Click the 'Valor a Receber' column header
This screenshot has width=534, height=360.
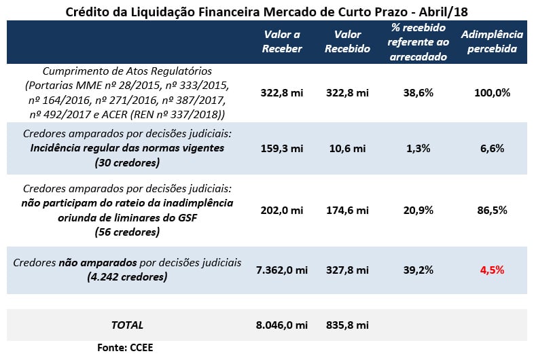click(x=282, y=41)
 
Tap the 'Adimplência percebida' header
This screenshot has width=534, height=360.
click(x=492, y=41)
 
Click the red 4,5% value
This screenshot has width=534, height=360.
click(x=492, y=270)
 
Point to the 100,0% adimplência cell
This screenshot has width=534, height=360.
click(x=492, y=92)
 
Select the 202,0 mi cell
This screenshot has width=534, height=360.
click(x=282, y=211)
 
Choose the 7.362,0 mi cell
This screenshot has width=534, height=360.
click(x=281, y=270)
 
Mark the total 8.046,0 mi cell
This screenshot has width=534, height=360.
click(x=281, y=325)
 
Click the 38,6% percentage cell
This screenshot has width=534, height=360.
click(x=419, y=92)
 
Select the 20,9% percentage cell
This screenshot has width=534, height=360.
click(x=419, y=211)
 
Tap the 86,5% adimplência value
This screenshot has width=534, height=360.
click(x=492, y=211)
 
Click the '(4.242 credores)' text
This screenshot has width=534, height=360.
click(x=128, y=276)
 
